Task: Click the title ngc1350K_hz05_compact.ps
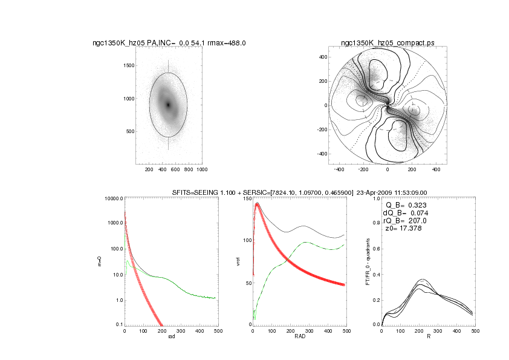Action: (387, 43)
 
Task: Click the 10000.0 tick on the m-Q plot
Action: (113, 198)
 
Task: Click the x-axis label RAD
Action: (300, 336)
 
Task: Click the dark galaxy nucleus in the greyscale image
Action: (169, 105)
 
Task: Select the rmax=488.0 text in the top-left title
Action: (225, 43)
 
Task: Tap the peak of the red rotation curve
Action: (257, 205)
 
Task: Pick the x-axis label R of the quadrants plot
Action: (428, 336)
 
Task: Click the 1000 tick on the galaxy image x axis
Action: (203, 170)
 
